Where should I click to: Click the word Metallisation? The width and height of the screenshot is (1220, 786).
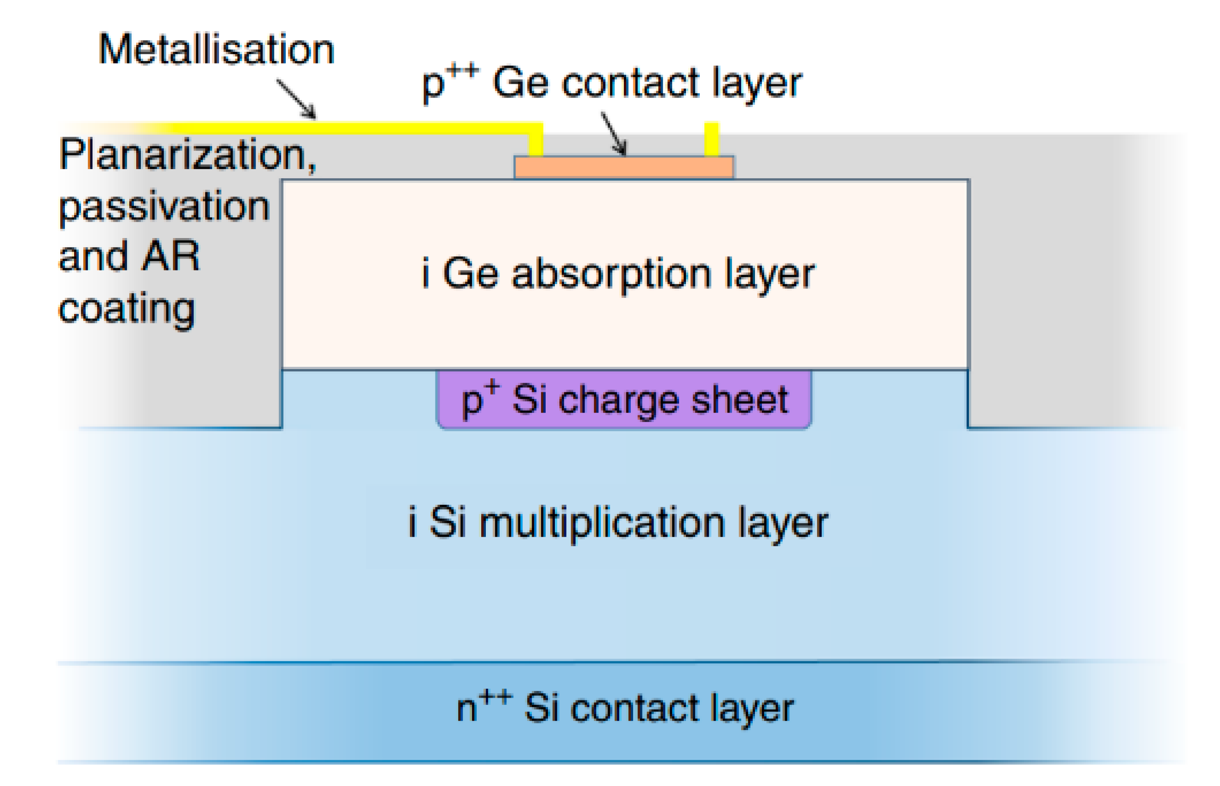click(216, 50)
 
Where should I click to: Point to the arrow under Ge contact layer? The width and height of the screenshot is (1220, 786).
click(613, 133)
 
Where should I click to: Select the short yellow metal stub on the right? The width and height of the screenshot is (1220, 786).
click(711, 139)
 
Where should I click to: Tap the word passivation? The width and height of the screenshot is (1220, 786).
click(164, 207)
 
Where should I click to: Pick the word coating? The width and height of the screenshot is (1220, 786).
click(126, 309)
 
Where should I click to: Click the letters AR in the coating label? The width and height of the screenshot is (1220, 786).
click(170, 256)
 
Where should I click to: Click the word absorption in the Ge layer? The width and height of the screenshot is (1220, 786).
click(612, 275)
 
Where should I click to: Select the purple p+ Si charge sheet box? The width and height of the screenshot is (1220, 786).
click(623, 400)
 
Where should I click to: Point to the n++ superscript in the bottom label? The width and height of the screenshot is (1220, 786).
click(496, 697)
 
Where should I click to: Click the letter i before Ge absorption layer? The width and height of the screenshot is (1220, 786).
click(426, 274)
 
